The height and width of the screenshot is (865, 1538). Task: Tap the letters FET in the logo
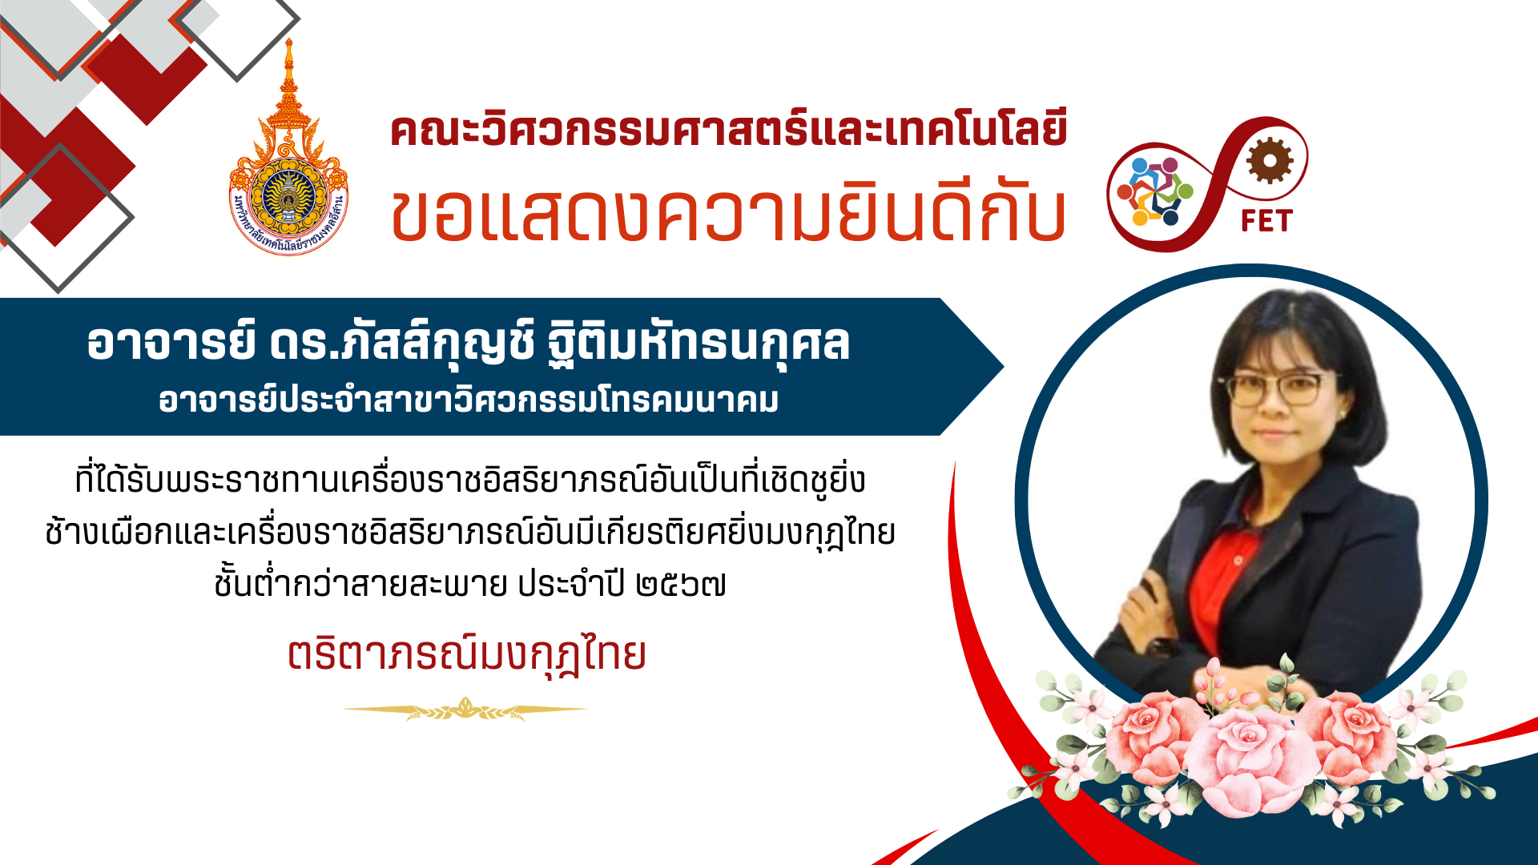pyautogui.click(x=1266, y=220)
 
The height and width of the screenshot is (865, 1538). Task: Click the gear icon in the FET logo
pyautogui.click(x=1270, y=160)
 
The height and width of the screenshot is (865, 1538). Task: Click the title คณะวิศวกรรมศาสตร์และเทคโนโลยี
pyautogui.click(x=728, y=131)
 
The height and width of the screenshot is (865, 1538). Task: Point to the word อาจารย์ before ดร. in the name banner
pyautogui.click(x=171, y=343)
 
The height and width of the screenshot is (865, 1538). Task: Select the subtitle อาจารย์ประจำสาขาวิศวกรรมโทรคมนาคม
pyautogui.click(x=469, y=400)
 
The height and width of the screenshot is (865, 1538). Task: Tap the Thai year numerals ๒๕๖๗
pyautogui.click(x=681, y=585)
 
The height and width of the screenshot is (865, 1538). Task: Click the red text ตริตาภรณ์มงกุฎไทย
pyautogui.click(x=467, y=655)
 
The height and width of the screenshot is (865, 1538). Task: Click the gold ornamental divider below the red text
pyautogui.click(x=465, y=710)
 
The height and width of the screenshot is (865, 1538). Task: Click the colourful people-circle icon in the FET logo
pyautogui.click(x=1155, y=192)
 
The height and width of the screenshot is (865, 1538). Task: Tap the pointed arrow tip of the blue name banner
pyautogui.click(x=1003, y=367)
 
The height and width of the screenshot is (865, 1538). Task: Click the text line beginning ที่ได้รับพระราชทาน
pyautogui.click(x=470, y=480)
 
